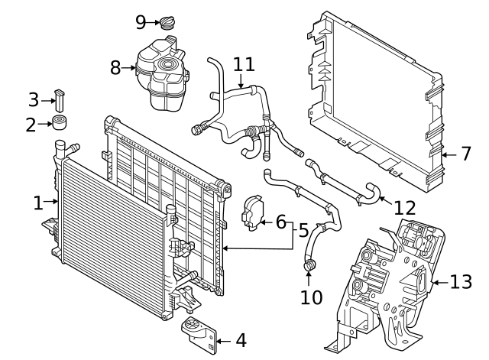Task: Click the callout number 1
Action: (x=38, y=203)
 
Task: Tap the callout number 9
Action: (x=140, y=22)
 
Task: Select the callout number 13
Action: (x=461, y=282)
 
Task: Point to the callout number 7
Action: (x=466, y=154)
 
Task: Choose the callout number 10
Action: (x=311, y=297)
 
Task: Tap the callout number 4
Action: (x=240, y=340)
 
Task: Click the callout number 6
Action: (x=280, y=223)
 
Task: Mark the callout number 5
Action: (x=303, y=229)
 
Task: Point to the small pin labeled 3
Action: (x=59, y=99)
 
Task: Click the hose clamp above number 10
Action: (x=311, y=265)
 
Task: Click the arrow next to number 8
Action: (x=131, y=68)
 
